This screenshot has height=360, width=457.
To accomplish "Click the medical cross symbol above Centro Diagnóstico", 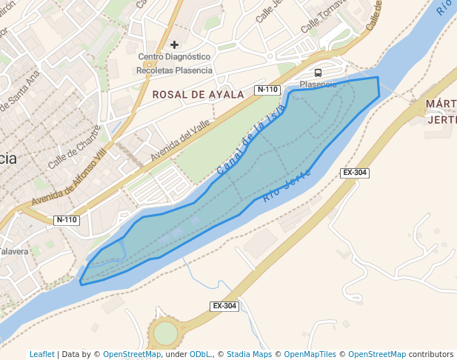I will point(175,44).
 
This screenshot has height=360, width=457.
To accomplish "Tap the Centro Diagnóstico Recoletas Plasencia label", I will point(175,64).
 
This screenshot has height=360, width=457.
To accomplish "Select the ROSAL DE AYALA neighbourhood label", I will point(198,95).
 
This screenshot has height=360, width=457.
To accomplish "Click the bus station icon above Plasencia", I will point(318,73).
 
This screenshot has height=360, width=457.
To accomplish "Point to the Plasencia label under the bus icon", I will point(318,84).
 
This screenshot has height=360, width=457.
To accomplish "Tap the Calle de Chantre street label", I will point(74,153).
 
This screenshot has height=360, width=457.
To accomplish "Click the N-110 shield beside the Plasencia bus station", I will point(267,90).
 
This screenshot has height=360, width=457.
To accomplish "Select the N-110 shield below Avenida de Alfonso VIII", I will point(67,220).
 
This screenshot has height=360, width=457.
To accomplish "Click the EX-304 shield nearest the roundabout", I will point(224,306).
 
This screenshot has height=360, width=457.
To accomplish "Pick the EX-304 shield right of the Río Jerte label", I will point(355,173).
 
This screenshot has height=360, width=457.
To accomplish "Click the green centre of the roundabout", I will point(166,333).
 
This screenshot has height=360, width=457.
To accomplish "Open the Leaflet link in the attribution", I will point(41,355).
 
